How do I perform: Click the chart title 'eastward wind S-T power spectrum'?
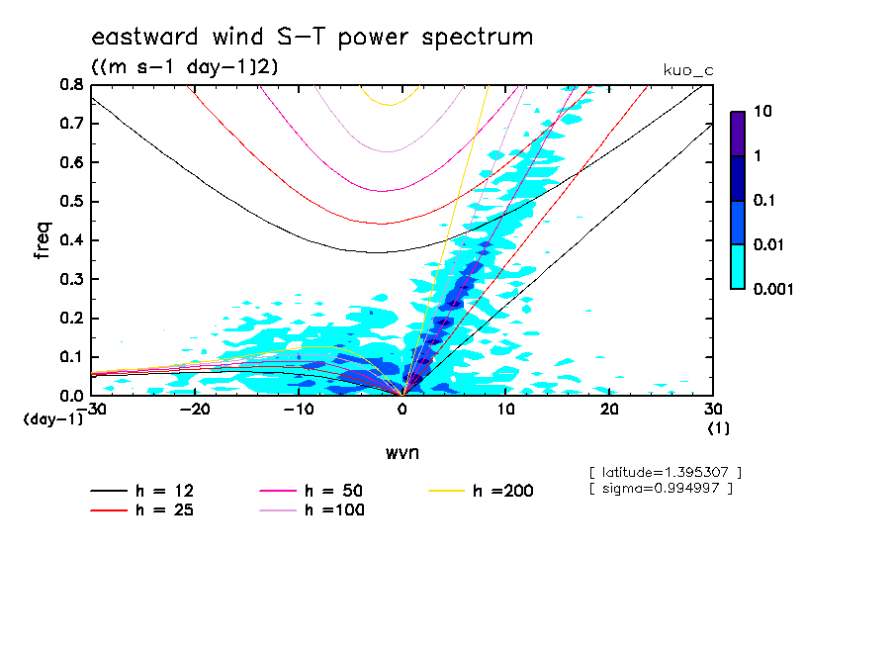pos(313,38)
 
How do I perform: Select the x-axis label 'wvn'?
pos(402,453)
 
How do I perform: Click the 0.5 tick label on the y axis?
pos(71,201)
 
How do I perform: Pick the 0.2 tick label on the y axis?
pos(71,318)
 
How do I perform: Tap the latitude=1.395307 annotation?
pos(664,471)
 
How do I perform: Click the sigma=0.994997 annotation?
pos(660,490)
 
